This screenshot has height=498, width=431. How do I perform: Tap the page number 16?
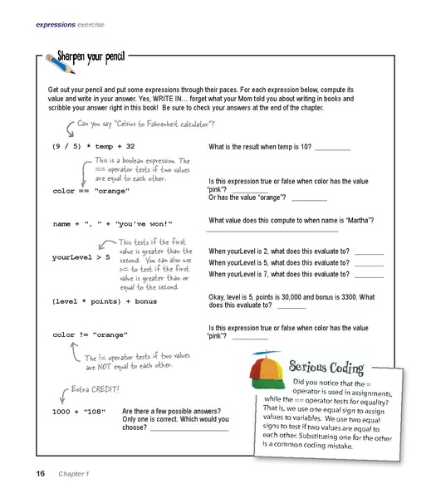(40, 474)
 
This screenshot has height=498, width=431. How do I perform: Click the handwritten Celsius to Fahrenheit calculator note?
(146, 124)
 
